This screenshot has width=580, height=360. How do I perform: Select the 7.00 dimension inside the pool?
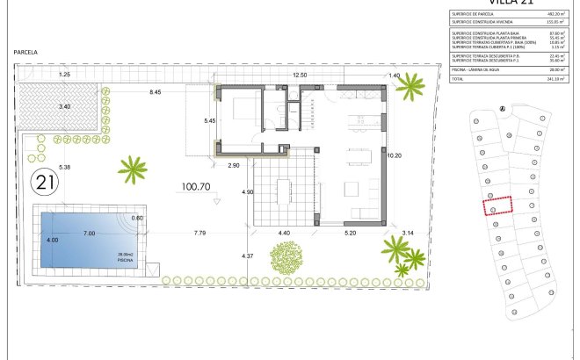pos(89,234)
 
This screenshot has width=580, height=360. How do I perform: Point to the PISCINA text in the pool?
pos(126,261)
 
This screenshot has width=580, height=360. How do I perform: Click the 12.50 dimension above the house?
pos(300,76)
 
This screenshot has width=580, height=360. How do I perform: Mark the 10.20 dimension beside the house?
pos(394,155)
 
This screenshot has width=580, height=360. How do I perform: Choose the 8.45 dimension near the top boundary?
pos(156,92)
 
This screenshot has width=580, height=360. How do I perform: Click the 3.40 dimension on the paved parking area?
pos(64,106)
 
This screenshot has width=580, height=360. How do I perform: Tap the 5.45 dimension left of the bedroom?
pos(209,120)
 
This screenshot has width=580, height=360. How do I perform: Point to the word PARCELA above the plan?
pos(26,53)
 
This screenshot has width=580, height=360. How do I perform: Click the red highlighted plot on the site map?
pos(498,205)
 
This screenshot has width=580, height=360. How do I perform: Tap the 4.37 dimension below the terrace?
pos(248,256)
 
